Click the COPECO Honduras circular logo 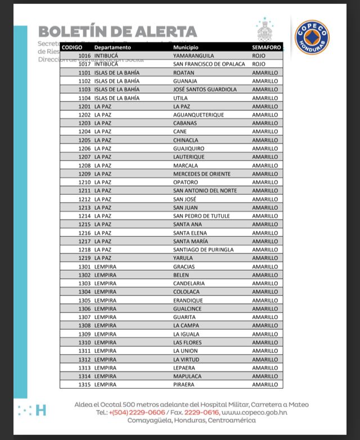(x=312, y=37)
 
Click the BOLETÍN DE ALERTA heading (x=118, y=32)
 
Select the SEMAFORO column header (x=267, y=47)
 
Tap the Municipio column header (x=186, y=47)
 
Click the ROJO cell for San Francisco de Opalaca (x=259, y=64)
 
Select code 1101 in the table (x=84, y=73)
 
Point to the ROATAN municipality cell (x=184, y=73)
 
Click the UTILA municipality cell (x=181, y=98)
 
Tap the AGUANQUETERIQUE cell (x=199, y=115)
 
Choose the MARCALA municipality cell (x=186, y=165)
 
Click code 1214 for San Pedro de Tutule (x=84, y=216)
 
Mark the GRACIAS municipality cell (x=184, y=267)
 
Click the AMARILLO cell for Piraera (x=265, y=385)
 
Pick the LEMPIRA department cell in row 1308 (x=105, y=326)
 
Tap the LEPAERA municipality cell (x=184, y=368)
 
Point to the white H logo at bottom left (x=40, y=410)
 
